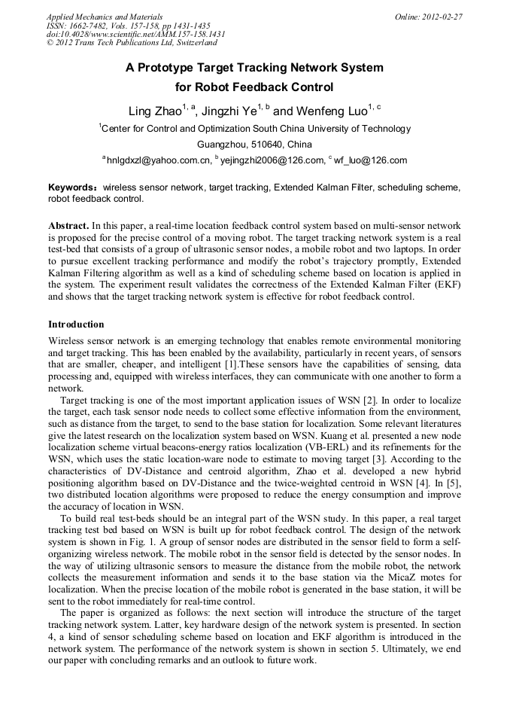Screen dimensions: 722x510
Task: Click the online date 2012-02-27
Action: coord(442,17)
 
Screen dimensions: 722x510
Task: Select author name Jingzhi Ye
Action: coord(229,111)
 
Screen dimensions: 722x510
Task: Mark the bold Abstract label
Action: coord(68,225)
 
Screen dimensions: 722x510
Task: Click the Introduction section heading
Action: coord(76,324)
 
